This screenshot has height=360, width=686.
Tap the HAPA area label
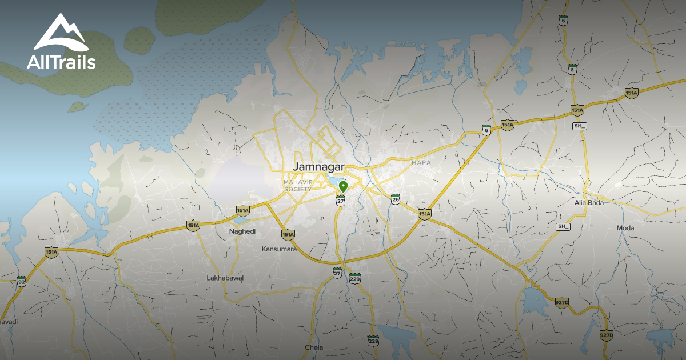click(x=421, y=163)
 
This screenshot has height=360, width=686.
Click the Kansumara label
click(x=278, y=249)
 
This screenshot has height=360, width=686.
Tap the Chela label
click(x=314, y=347)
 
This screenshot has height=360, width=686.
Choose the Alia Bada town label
click(x=588, y=203)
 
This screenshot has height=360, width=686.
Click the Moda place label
click(x=626, y=228)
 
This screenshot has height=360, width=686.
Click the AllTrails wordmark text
click(x=61, y=62)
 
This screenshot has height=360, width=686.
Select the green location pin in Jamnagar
click(x=343, y=186)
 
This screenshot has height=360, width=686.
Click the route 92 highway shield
click(x=22, y=281)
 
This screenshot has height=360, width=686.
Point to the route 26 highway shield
click(x=396, y=199)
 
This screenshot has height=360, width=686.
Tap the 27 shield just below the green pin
click(x=341, y=200)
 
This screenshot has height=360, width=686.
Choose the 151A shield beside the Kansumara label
click(x=288, y=234)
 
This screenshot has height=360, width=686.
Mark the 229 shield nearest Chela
click(x=373, y=341)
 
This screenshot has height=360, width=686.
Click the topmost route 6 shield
click(x=563, y=20)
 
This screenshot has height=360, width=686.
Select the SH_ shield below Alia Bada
click(x=563, y=227)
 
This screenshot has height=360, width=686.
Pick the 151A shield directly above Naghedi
click(x=242, y=211)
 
